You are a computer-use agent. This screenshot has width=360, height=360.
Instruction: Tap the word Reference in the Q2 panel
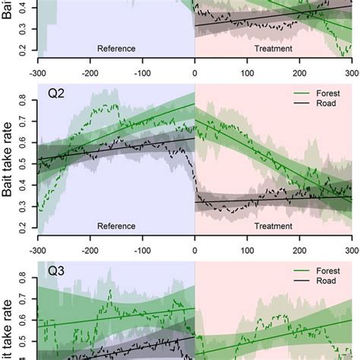pos(116,226)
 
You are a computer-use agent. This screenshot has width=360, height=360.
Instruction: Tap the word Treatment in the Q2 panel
pos(273,226)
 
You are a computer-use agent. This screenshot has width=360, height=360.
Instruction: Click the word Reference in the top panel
pos(116,49)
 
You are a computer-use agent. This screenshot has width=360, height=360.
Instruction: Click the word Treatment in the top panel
pos(273,49)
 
